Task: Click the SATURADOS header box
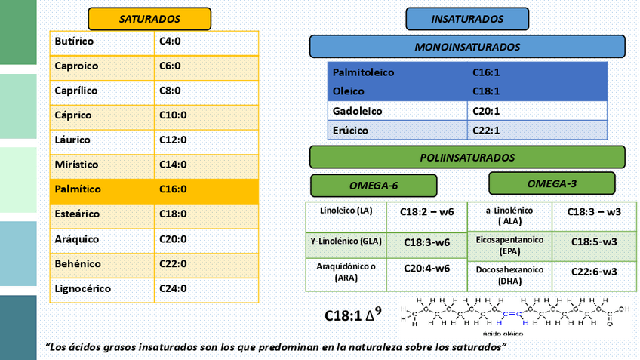(149, 18)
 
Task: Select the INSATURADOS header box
(467, 18)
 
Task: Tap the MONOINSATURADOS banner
(467, 47)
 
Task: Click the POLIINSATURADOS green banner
(467, 158)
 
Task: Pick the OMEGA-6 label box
(374, 186)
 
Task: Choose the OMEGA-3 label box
(552, 183)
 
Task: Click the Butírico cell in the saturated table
(103, 42)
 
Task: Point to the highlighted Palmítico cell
(103, 189)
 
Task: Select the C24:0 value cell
(206, 289)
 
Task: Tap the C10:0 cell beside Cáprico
(206, 115)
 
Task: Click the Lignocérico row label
(103, 289)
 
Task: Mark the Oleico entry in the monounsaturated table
(398, 91)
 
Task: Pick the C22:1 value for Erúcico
(537, 131)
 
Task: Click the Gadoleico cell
(398, 111)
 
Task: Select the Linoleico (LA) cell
(346, 211)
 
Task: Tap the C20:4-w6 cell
(426, 269)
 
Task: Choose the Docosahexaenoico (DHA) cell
(509, 275)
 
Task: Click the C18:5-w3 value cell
(594, 242)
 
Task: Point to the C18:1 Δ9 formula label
(352, 314)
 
